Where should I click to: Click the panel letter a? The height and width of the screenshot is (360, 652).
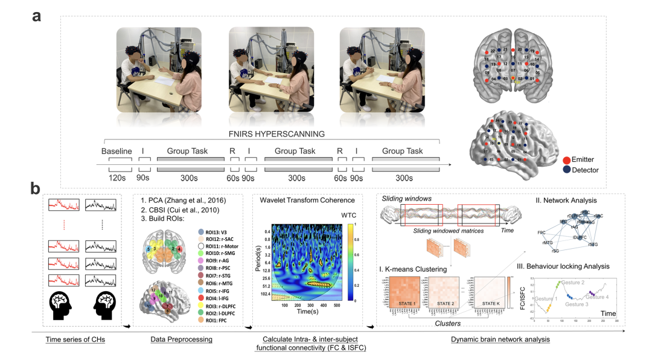[37, 16]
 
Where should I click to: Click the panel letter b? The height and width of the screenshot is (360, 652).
[37, 187]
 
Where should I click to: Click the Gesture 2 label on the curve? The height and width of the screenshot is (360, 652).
[573, 283]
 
